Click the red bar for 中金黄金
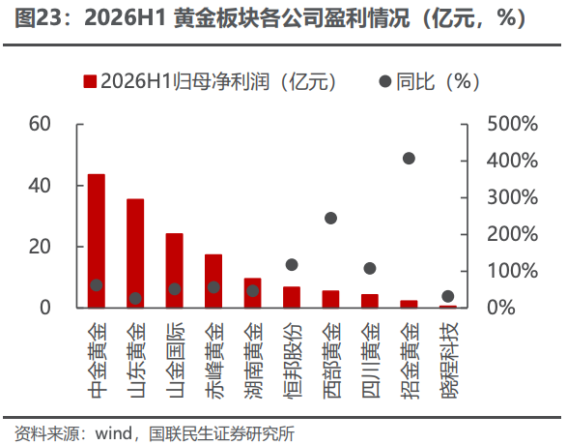(97, 241)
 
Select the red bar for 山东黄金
(135, 253)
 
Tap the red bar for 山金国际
(174, 271)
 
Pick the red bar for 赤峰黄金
(213, 281)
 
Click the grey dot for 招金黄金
(409, 159)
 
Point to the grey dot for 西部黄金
(331, 218)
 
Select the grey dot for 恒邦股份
(292, 265)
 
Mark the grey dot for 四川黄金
(370, 268)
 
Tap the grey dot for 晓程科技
(447, 296)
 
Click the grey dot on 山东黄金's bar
(135, 298)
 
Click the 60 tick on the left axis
(40, 124)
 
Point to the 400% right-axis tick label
(512, 161)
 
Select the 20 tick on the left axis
(40, 247)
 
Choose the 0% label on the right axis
(501, 308)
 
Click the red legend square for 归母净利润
(90, 81)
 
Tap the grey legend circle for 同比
(385, 81)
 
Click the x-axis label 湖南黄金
(253, 360)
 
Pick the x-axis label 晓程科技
(449, 360)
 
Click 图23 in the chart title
(38, 17)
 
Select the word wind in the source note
(114, 433)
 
